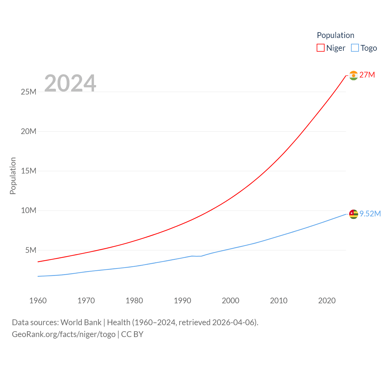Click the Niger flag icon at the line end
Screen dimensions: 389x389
(x=353, y=75)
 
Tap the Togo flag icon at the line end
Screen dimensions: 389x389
(x=353, y=214)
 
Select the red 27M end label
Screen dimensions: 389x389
(x=367, y=75)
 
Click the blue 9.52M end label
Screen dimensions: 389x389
(x=370, y=214)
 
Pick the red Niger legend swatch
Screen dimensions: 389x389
(x=321, y=48)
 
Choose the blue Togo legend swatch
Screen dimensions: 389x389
(x=355, y=48)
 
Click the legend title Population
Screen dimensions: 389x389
(x=336, y=35)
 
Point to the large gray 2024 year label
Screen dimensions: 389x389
(x=70, y=83)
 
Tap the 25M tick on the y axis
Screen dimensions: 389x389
(x=29, y=92)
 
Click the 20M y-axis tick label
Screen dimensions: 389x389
(x=29, y=131)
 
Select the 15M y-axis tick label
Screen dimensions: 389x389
(x=29, y=171)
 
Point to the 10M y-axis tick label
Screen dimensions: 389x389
(x=29, y=210)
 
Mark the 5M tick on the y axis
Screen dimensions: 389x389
(x=31, y=250)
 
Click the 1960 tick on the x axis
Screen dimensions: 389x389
(x=38, y=301)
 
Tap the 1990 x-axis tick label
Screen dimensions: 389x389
(x=182, y=301)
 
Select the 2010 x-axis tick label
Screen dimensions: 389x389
(x=279, y=301)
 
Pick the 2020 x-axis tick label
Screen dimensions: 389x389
(x=327, y=301)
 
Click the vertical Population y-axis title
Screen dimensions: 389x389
(x=13, y=176)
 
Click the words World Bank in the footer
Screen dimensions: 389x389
(x=81, y=322)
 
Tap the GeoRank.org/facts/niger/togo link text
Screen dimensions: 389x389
(x=64, y=334)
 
